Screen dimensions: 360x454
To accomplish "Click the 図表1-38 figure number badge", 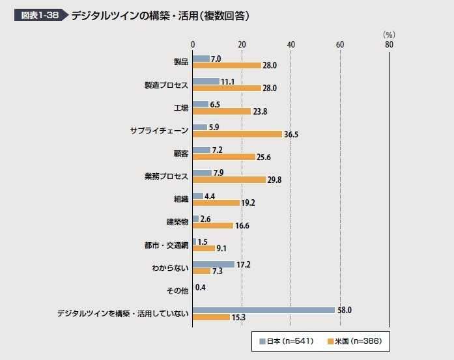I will tap(38, 15).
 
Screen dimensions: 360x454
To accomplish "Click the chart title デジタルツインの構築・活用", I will tap(160, 15).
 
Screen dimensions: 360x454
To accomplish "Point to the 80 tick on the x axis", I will tap(389, 44).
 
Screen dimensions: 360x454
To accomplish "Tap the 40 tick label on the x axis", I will tap(291, 44).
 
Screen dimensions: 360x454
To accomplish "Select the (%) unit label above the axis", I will tap(389, 34).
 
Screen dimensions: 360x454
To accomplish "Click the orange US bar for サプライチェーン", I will tap(238, 134).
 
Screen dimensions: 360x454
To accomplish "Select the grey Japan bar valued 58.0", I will tap(264, 310).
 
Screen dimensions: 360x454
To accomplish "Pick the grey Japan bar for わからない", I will tap(214, 264).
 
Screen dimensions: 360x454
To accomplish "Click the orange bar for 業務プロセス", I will tap(229, 180).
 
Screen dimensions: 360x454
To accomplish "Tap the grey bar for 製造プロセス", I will tap(206, 81).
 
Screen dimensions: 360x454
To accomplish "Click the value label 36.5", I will tap(292, 135).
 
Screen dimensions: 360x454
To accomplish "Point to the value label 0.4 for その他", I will tap(201, 287).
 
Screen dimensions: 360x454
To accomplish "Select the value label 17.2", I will tap(243, 264).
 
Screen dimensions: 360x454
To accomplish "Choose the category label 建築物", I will tap(177, 222).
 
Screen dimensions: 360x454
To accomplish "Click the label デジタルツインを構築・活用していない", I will tap(122, 314).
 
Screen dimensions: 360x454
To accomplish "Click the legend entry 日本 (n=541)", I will tap(287, 341).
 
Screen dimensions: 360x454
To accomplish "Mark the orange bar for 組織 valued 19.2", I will tap(216, 202).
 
